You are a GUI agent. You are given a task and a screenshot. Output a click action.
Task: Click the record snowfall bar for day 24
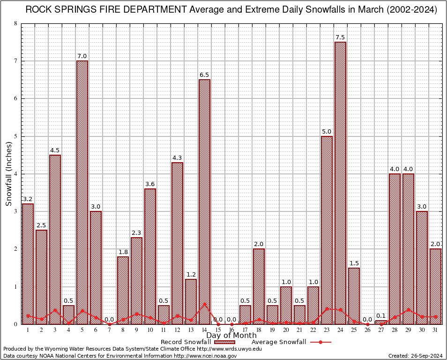pyautogui.click(x=340, y=183)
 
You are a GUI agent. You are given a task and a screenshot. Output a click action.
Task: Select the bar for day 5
pyautogui.click(x=82, y=192)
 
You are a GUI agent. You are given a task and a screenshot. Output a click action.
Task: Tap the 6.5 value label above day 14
pyautogui.click(x=204, y=75)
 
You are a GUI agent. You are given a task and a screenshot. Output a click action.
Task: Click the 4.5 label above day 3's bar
pyautogui.click(x=55, y=150)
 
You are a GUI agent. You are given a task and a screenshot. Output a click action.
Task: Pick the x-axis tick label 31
pyautogui.click(x=435, y=330)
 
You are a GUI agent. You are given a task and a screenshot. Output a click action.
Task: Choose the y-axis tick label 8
pyautogui.click(x=16, y=23)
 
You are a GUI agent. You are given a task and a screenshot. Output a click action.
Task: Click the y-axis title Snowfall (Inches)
pyautogui.click(x=9, y=174)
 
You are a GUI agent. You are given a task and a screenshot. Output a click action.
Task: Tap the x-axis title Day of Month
pyautogui.click(x=231, y=335)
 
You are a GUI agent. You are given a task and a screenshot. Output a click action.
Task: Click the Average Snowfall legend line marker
pyautogui.click(x=320, y=342)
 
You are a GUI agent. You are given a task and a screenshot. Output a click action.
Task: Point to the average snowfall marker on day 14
pyautogui.click(x=204, y=304)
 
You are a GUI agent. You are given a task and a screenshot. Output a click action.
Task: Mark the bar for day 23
pyautogui.click(x=327, y=230)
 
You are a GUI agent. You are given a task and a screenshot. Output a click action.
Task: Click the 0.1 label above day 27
pyautogui.click(x=381, y=316)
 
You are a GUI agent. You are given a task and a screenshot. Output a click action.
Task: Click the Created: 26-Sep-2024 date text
pyautogui.click(x=415, y=356)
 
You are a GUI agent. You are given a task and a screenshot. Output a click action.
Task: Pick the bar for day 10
pyautogui.click(x=150, y=256)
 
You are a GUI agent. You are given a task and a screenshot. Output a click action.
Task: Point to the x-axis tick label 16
pyautogui.click(x=231, y=330)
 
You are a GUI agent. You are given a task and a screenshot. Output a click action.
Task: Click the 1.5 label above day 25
pyautogui.click(x=354, y=263)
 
